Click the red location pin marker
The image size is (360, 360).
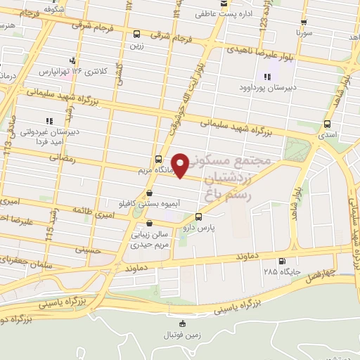pos(181,165)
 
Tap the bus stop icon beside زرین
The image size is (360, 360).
pos(136,33)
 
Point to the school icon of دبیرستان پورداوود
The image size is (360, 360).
pos(266,77)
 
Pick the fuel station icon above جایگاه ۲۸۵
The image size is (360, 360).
pos(282,260)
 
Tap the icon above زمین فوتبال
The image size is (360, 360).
pos(184,323)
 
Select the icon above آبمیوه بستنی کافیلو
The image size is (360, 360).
pos(148,193)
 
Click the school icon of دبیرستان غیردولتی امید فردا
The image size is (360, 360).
pos(49,120)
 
